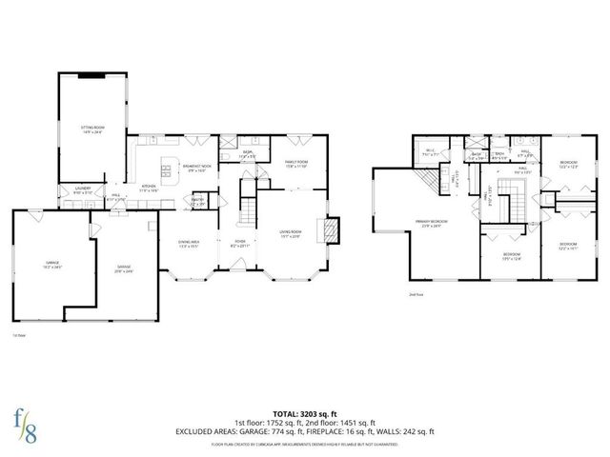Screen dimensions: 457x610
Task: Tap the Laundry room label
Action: point(84,190)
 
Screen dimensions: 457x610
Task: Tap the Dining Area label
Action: point(189,244)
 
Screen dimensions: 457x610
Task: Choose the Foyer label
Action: point(241,244)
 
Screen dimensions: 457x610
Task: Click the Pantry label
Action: point(199,201)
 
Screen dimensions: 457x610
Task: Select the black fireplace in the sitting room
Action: point(92,75)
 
